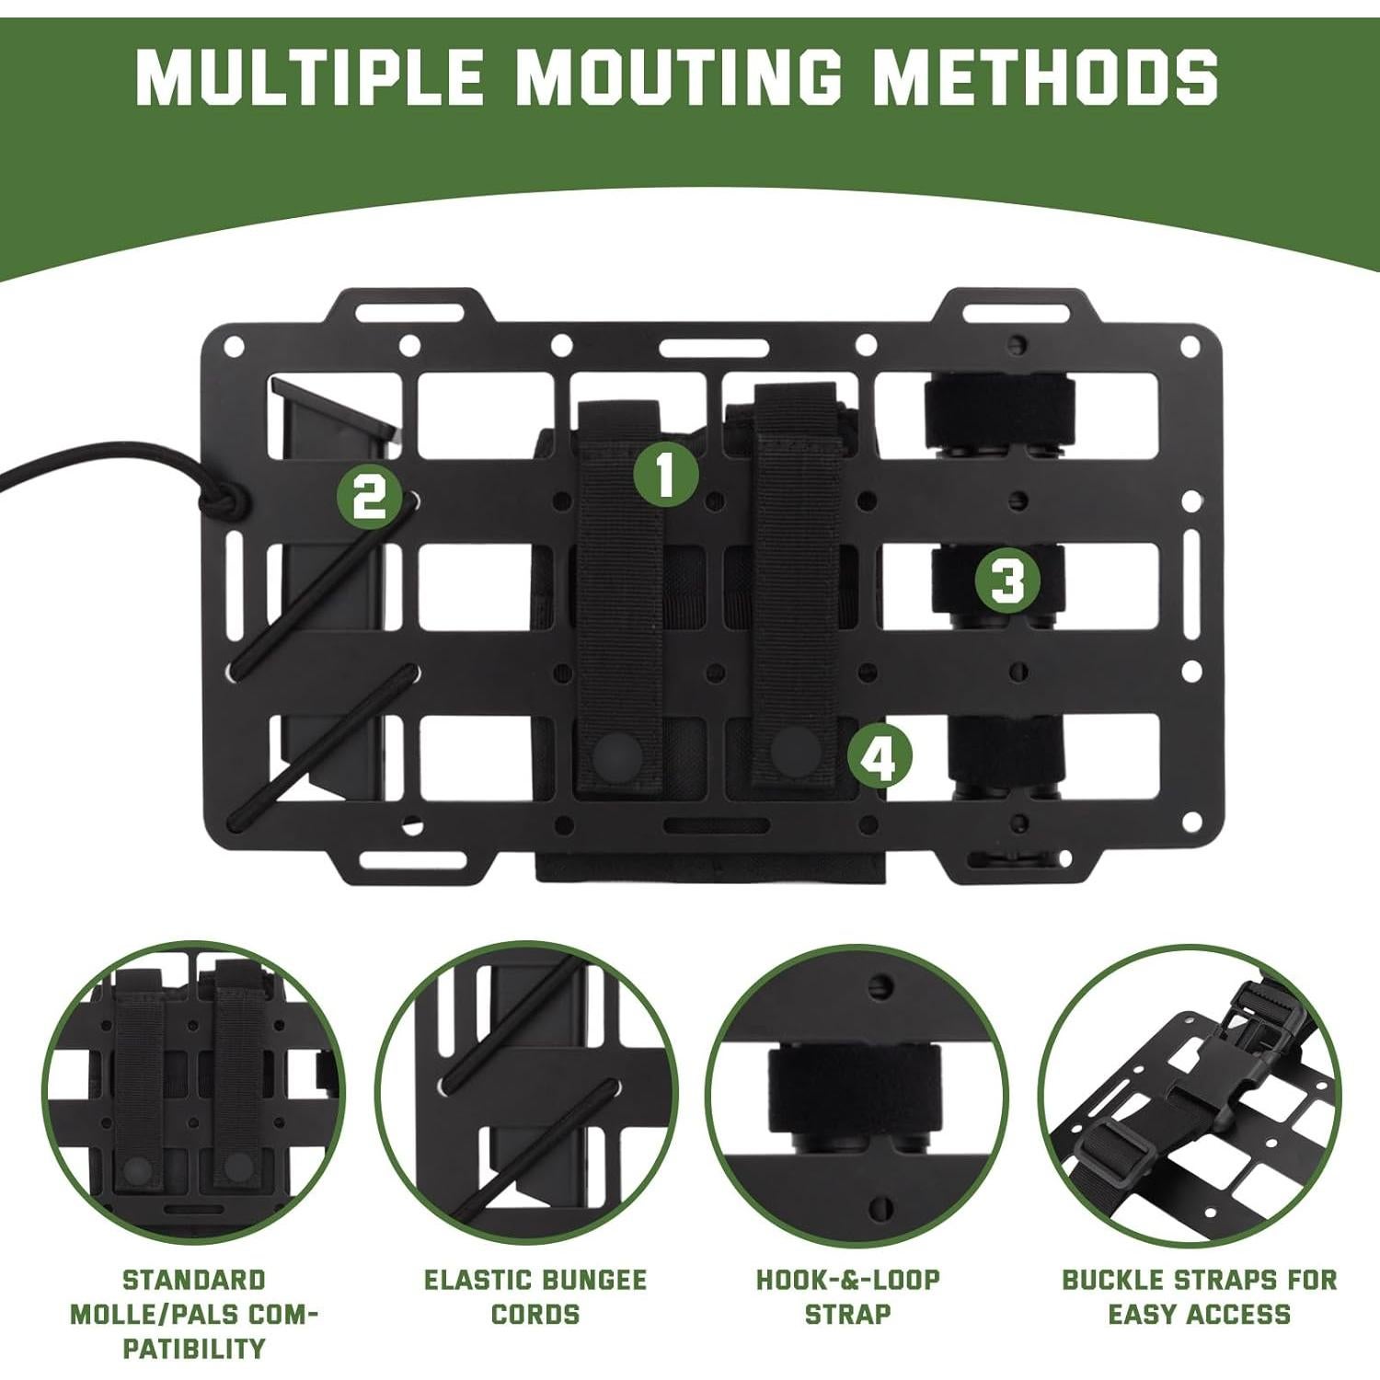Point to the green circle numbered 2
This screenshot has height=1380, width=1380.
tap(369, 498)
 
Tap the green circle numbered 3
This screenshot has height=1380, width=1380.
tap(1007, 581)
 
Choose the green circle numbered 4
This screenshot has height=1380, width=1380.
tap(880, 758)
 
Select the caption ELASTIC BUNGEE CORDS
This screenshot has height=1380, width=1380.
tap(535, 1296)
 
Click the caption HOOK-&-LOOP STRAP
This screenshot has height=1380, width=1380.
tap(847, 1296)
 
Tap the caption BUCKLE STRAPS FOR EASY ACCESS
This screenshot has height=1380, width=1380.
tap(1200, 1296)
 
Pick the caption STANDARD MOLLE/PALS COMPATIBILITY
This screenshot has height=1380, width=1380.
tap(193, 1314)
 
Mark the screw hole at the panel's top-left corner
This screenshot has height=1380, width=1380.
tap(236, 348)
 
